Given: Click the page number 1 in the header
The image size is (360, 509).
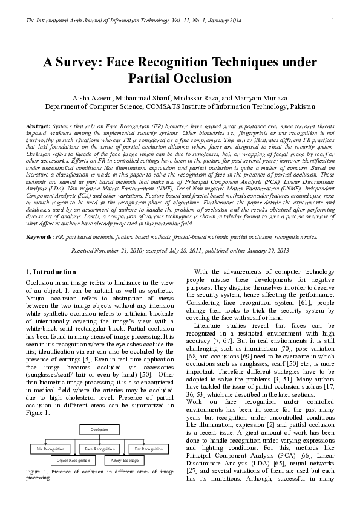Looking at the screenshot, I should point(333,22).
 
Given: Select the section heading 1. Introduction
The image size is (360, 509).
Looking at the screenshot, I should point(53,272).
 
